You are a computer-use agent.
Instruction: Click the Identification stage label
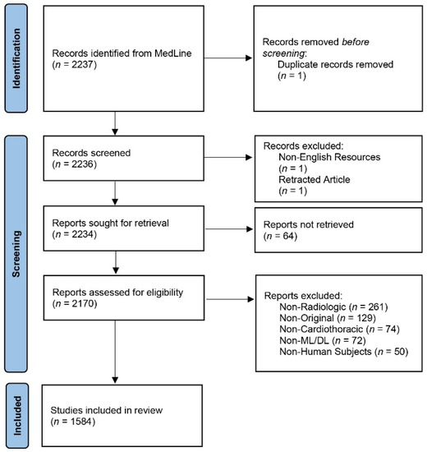[x=16, y=58]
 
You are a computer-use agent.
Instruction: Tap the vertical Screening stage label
[x=16, y=254]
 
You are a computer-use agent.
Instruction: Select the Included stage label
[x=17, y=415]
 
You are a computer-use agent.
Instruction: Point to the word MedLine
[x=173, y=53]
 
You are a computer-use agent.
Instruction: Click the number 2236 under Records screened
[x=82, y=164]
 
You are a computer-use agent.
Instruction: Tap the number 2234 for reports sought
[x=82, y=234]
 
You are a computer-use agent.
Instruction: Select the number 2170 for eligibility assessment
[x=83, y=303]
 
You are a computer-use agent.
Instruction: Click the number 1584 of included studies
[x=81, y=422]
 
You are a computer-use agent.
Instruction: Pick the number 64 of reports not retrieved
[x=288, y=236]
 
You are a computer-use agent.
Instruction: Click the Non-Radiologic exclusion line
[x=333, y=307]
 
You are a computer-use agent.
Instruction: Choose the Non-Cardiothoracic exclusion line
[x=339, y=330]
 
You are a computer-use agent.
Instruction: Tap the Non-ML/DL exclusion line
[x=323, y=340]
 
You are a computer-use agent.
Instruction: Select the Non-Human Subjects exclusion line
[x=344, y=352]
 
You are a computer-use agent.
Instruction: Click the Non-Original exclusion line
[x=328, y=318]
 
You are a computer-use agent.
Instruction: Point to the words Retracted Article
[x=315, y=180]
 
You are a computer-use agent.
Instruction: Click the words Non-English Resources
[x=329, y=157]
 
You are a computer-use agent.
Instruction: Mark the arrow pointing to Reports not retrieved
[x=229, y=229]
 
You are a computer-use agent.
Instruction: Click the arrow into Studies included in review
[x=115, y=352]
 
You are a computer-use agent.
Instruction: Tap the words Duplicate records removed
[x=335, y=64]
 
